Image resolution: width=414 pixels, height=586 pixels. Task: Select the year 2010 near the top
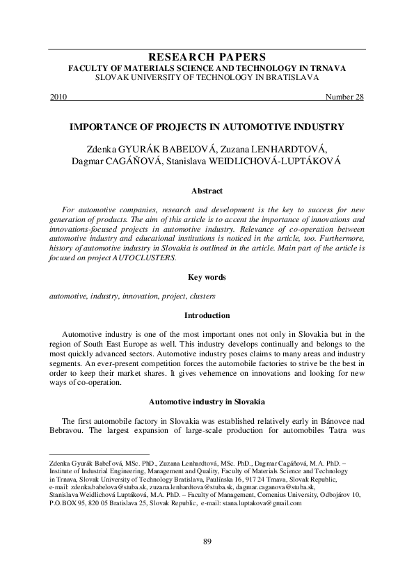click(x=59, y=97)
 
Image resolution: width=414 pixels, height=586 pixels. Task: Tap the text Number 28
click(x=344, y=97)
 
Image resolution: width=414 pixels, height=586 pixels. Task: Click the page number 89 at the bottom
click(x=207, y=541)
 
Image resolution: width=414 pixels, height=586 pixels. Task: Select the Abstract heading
click(x=207, y=190)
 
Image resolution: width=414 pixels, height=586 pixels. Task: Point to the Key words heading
click(x=207, y=277)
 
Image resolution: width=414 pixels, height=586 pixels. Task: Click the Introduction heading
click(x=207, y=315)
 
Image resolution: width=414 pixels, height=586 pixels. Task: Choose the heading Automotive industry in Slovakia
click(x=207, y=402)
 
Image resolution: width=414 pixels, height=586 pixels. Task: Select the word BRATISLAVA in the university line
click(x=285, y=78)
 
